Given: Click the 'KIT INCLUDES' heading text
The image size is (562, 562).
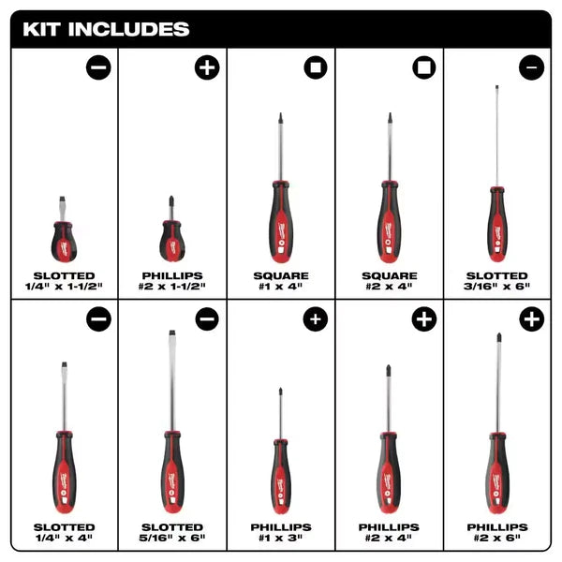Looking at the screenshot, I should (106, 28).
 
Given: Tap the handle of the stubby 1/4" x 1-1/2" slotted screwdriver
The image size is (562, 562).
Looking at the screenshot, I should (64, 242).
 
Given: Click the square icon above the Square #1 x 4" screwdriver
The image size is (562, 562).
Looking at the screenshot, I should (315, 68).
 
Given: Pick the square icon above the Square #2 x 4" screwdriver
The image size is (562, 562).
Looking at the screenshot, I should (423, 68).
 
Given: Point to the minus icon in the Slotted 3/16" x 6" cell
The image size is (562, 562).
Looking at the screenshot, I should (531, 68).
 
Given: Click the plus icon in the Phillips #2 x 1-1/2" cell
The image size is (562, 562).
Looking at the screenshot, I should (206, 68).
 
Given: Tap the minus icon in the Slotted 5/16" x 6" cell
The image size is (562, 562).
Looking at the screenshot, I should (206, 318).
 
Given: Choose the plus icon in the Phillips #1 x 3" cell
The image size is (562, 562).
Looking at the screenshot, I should (315, 318).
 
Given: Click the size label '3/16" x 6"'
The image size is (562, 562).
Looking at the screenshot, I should (496, 288).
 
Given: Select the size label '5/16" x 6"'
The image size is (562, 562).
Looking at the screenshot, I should (171, 540).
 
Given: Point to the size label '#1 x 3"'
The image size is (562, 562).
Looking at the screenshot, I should (280, 540).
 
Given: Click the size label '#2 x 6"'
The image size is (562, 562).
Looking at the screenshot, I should (496, 540).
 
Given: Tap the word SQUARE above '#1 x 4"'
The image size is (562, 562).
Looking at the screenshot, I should (280, 275).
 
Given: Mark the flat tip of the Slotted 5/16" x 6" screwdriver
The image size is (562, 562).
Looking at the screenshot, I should (171, 335).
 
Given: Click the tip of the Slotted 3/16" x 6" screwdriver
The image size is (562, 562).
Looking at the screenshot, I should (496, 87).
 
